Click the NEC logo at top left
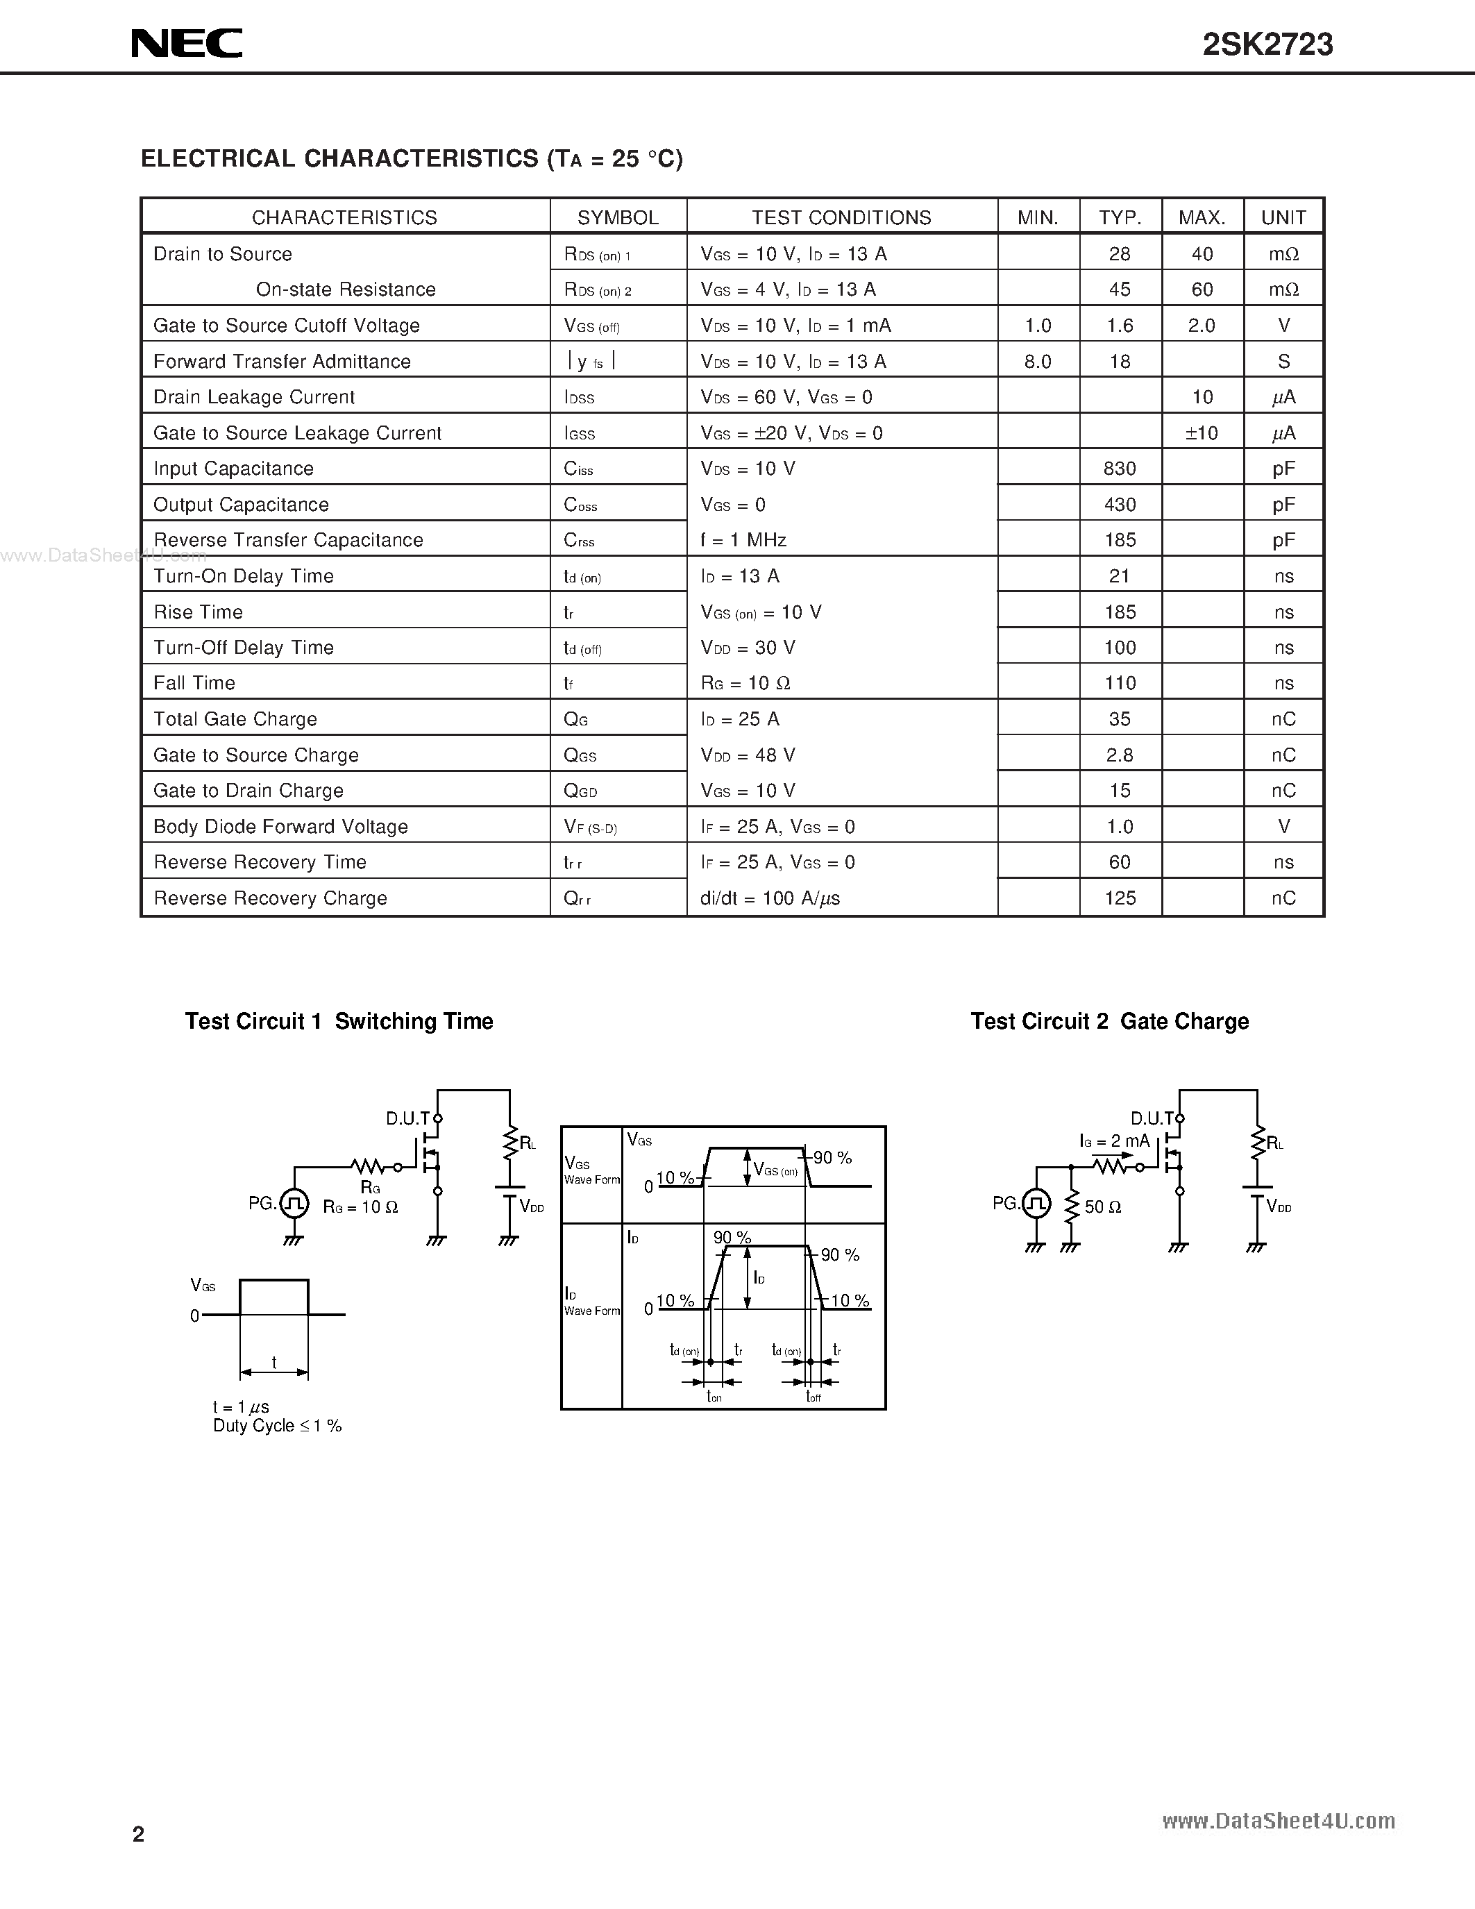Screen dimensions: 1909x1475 click(x=187, y=44)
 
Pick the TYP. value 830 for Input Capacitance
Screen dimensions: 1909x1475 click(x=1120, y=469)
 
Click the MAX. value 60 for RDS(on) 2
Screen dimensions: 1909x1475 click(x=1202, y=289)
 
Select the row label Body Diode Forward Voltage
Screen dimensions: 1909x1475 click(x=280, y=826)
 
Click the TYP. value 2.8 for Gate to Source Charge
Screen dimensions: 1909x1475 click(x=1120, y=755)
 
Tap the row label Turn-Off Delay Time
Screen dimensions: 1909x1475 click(x=244, y=648)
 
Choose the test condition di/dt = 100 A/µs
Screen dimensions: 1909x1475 click(x=770, y=898)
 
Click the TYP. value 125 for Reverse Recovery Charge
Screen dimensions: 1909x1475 click(x=1120, y=898)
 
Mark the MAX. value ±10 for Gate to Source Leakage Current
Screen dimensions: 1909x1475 click(x=1202, y=432)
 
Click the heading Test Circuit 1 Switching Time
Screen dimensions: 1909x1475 click(x=339, y=1021)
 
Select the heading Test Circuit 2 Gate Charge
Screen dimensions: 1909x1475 click(x=1110, y=1021)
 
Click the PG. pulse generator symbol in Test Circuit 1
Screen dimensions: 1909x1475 click(x=294, y=1204)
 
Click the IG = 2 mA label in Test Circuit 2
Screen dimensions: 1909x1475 click(x=1114, y=1141)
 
